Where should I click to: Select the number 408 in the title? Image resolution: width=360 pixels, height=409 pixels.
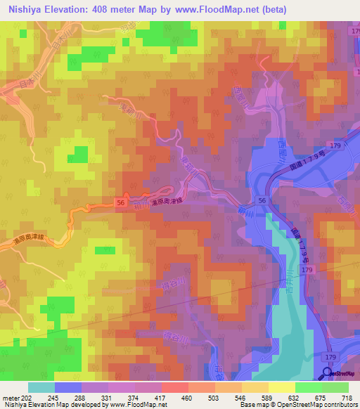coord(113,10)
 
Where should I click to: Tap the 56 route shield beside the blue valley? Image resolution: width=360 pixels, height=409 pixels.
coord(262,200)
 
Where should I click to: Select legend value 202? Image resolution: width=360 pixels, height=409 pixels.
coord(25,398)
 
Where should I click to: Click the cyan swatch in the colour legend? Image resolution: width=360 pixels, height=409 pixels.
coord(41,387)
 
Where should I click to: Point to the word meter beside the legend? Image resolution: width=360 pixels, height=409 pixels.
coord(9,398)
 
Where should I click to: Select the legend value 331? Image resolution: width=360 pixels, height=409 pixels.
coord(105,398)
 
